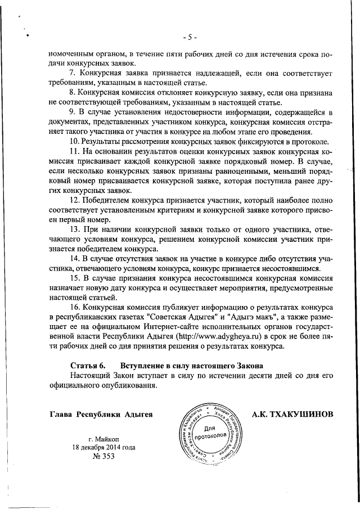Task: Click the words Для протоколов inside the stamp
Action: pos(210,433)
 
